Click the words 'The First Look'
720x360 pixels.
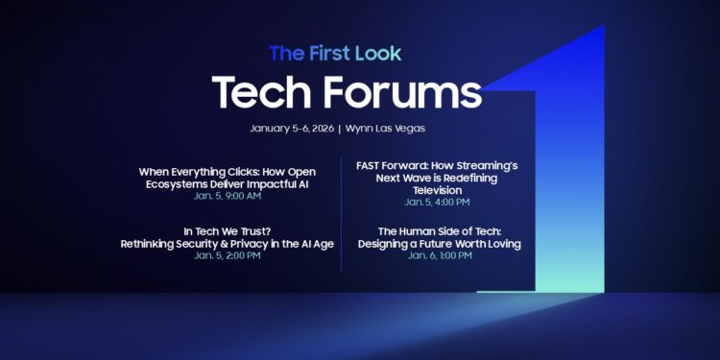(x=335, y=52)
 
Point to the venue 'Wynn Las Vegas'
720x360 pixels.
(x=387, y=129)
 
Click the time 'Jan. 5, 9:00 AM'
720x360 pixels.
(x=227, y=196)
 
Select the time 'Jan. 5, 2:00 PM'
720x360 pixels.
(x=227, y=255)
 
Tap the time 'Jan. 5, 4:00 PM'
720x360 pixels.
(x=437, y=203)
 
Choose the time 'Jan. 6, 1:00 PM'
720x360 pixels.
(x=439, y=255)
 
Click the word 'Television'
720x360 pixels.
(x=437, y=190)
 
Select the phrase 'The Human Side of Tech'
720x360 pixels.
(x=439, y=231)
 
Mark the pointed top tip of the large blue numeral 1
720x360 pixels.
(x=603, y=27)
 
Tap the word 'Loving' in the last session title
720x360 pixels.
(x=500, y=244)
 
